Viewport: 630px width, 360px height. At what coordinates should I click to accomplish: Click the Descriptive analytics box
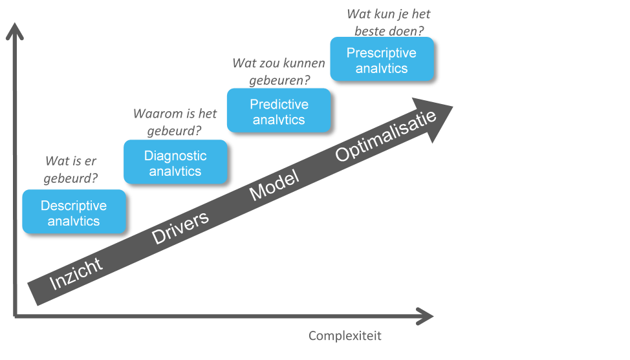point(74,211)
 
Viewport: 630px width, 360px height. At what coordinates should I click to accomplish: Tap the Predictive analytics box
point(279,111)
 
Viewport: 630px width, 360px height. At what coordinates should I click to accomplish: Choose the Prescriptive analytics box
point(382,59)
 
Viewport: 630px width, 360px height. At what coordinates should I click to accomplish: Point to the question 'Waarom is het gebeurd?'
point(175,122)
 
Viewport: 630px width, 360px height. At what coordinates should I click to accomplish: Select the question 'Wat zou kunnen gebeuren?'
point(278,71)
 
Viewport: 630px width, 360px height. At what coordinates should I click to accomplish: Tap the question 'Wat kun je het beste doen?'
point(388,21)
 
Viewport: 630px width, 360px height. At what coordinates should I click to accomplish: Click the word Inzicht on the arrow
point(76,273)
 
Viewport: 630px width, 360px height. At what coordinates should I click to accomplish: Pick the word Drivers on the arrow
point(180,226)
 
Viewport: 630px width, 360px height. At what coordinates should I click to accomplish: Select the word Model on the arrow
point(274,185)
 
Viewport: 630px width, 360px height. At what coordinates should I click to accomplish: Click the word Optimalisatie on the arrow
point(387,136)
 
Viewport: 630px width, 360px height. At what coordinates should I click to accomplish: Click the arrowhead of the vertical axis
point(14,30)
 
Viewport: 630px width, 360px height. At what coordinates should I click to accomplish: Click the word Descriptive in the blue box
point(74,206)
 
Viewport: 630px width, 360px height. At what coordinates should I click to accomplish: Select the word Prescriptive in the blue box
point(382,53)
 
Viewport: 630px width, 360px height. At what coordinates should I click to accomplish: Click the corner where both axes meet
point(15,315)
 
